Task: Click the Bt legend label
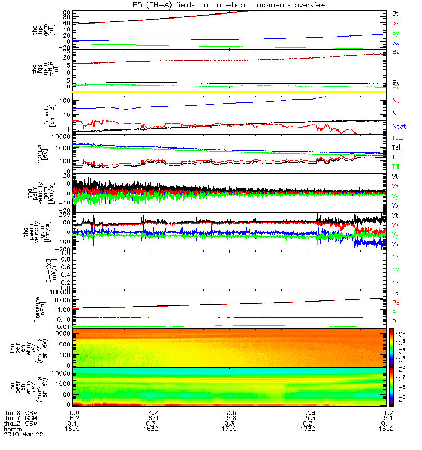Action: [396, 12]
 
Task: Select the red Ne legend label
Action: [396, 101]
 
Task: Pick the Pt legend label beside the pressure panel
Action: [396, 294]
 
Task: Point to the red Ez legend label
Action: [396, 256]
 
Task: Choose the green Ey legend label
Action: [396, 269]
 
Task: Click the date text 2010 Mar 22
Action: [23, 435]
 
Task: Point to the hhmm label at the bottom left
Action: [11, 429]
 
